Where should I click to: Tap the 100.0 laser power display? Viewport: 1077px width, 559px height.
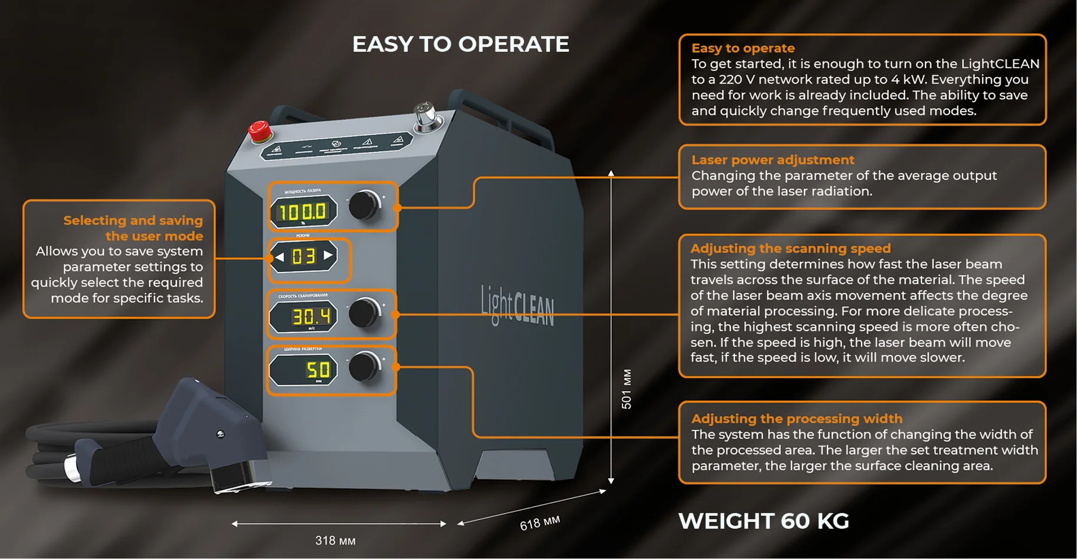coord(303,211)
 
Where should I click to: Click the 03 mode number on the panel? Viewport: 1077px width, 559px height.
coord(304,256)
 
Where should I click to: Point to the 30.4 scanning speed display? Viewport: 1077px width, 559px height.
coord(303,317)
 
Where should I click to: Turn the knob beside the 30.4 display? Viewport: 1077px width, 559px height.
coord(364,313)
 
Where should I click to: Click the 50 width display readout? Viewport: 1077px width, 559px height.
coord(303,370)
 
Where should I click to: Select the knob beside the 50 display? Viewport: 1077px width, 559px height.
coord(364,367)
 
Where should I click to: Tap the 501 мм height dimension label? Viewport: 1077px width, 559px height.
coord(626,389)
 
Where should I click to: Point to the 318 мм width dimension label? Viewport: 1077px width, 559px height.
coord(335,541)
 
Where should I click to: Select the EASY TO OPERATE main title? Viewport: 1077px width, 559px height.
coord(461,44)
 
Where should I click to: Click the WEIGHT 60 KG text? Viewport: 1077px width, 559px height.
coord(763,521)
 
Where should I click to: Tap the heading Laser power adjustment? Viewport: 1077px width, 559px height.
coord(773,160)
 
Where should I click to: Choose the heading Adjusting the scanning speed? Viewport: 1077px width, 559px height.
coord(790,249)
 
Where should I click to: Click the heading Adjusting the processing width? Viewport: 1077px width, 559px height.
coord(797,419)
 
